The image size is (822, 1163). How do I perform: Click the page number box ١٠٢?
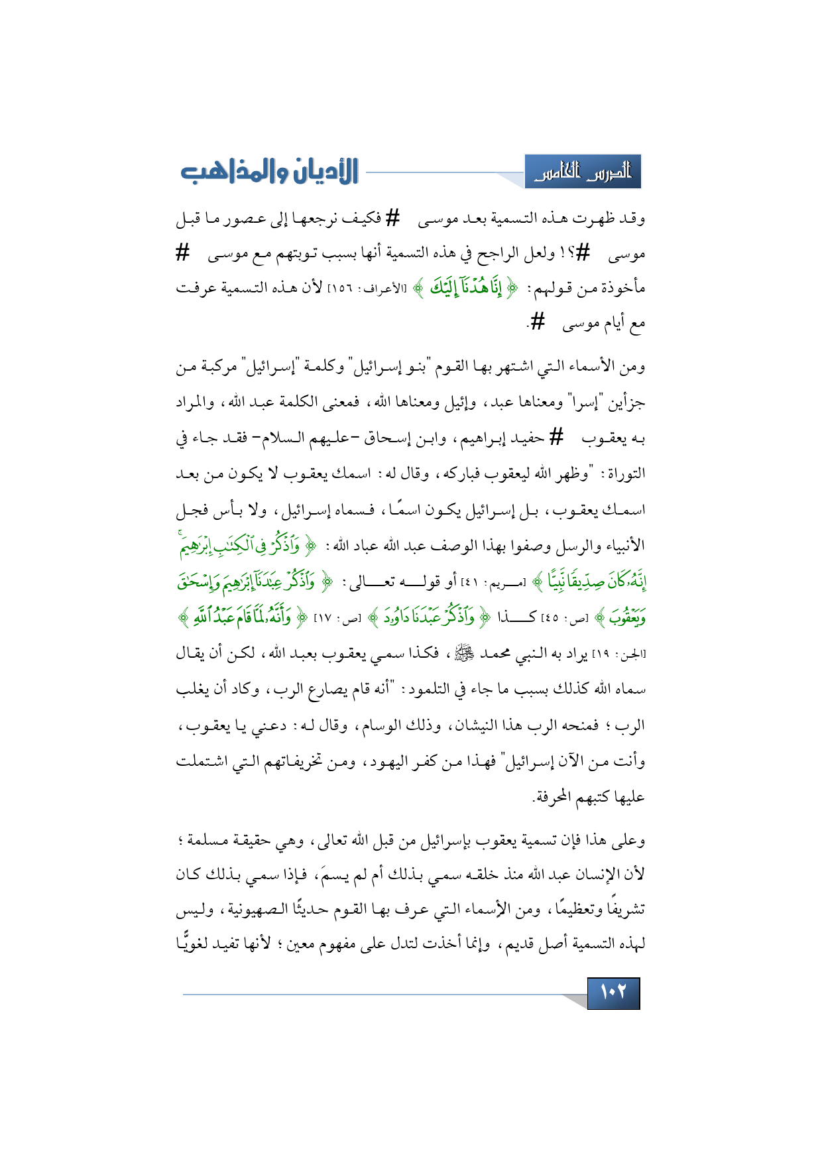pyautogui.click(x=613, y=993)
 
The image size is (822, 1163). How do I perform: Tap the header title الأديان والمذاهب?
pyautogui.click(x=268, y=172)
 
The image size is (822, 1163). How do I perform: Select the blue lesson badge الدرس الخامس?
pyautogui.click(x=583, y=172)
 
